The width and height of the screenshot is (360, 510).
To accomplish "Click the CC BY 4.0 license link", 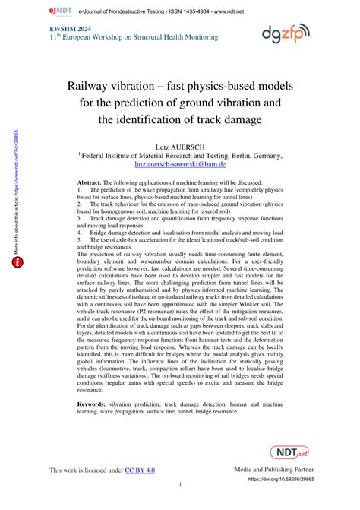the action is [x=140, y=471].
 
